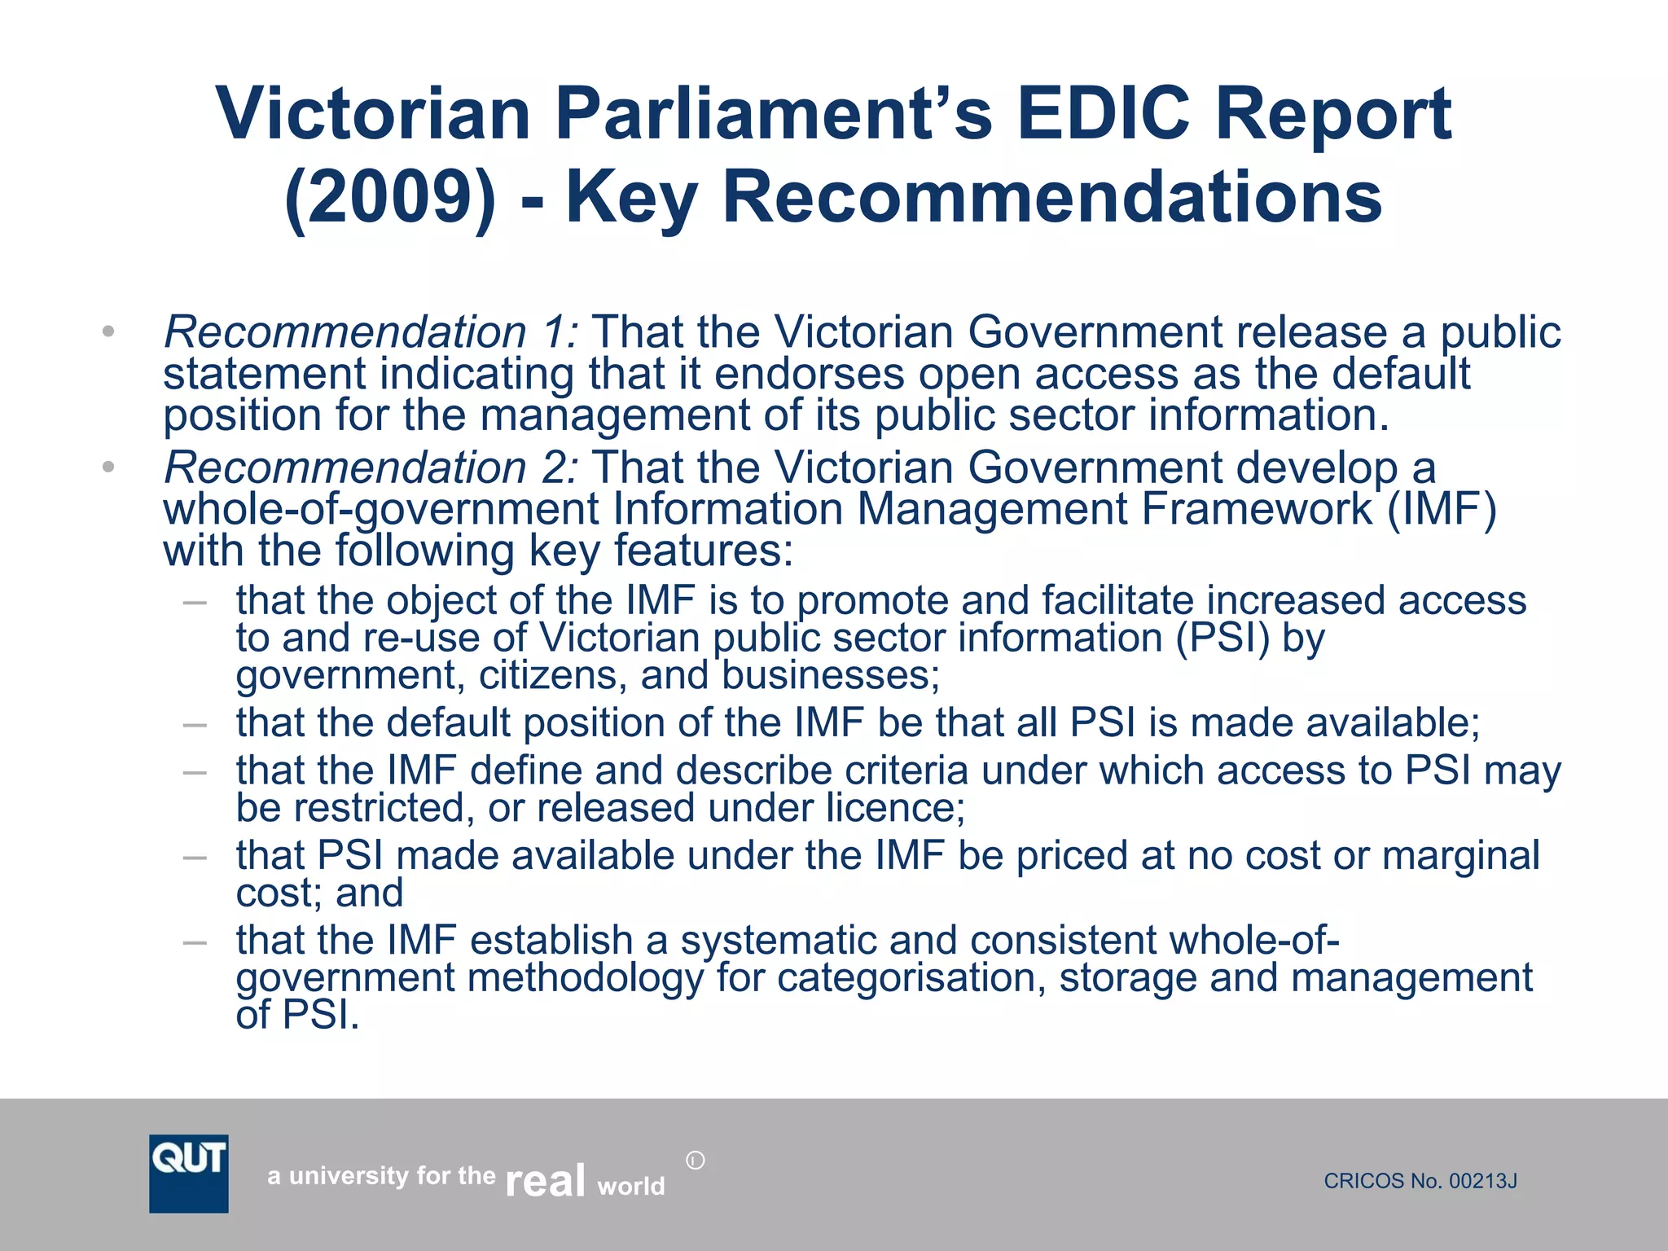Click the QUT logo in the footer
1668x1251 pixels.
pos(188,1173)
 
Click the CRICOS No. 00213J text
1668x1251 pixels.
pos(1420,1181)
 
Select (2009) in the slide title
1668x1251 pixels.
pos(390,198)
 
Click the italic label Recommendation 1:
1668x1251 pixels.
pos(371,333)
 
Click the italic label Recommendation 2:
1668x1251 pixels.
pos(371,468)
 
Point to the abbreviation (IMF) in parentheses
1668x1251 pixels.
pos(1442,510)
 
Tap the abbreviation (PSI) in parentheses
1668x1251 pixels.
pos(1222,638)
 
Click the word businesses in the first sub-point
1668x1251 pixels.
pos(830,676)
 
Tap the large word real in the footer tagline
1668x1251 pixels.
pos(545,1179)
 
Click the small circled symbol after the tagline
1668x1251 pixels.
pos(695,1161)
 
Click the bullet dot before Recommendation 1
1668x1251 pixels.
pos(108,331)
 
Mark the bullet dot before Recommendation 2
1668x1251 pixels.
pos(108,467)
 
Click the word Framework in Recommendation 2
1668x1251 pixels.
pos(1256,510)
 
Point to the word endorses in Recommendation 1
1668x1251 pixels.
pos(810,375)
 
